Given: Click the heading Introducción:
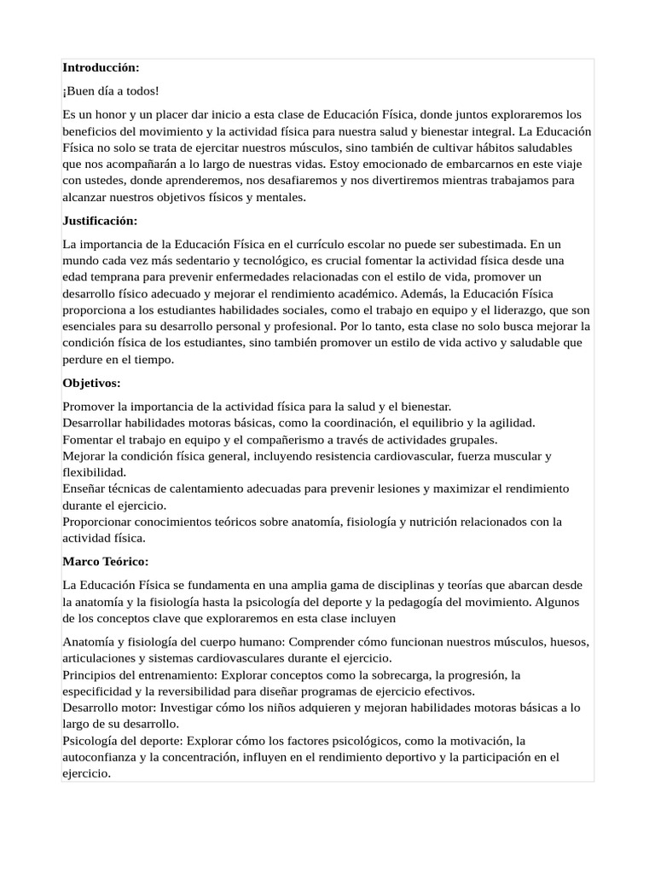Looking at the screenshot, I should [x=101, y=67].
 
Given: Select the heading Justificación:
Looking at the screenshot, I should [x=100, y=221].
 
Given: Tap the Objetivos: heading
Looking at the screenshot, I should [x=91, y=383].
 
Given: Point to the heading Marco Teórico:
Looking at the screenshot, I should [x=106, y=562].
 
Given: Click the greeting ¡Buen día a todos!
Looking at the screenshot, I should [x=110, y=90].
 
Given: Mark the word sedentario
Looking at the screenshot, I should [x=208, y=261].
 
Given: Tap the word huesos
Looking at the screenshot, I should [x=568, y=642].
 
